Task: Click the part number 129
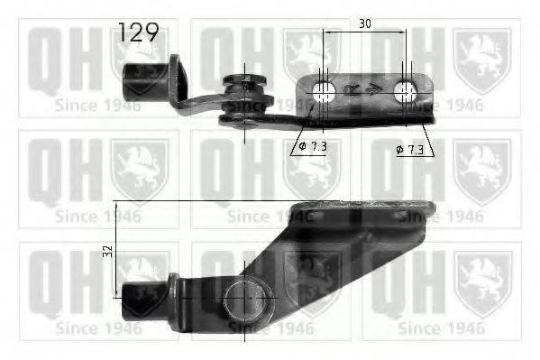coord(138,34)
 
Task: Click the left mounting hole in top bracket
coord(324,89)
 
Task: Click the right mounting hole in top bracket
coord(406,90)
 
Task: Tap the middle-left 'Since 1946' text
coord(97,217)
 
